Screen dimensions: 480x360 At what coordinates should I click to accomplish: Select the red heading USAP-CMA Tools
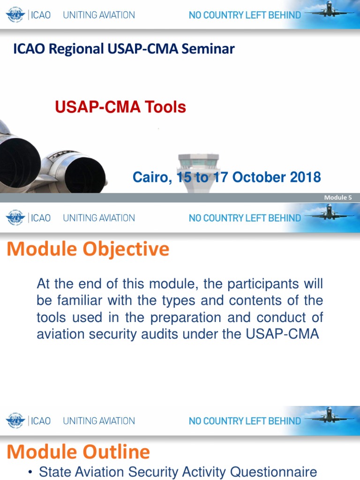[x=120, y=107]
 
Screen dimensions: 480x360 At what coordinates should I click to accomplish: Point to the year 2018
[x=305, y=177]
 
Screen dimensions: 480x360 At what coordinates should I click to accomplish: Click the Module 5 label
[x=338, y=197]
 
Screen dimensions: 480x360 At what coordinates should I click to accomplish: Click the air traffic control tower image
[x=198, y=171]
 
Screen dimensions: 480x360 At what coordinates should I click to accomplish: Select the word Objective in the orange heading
[x=126, y=249]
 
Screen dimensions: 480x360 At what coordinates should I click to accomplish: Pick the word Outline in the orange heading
[x=116, y=452]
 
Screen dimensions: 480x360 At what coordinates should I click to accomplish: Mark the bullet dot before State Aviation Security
[x=30, y=472]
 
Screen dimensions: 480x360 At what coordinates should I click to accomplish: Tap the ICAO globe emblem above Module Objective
[x=15, y=218]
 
